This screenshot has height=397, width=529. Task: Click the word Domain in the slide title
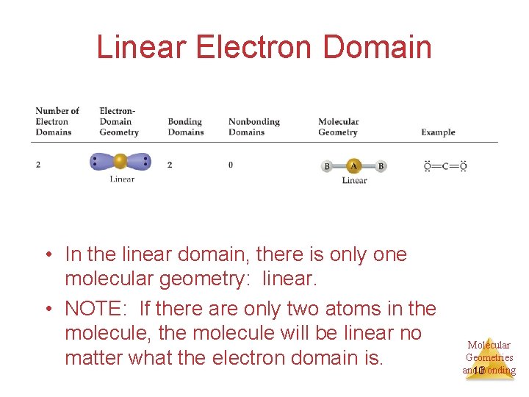click(x=377, y=47)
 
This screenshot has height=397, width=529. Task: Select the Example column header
click(x=438, y=132)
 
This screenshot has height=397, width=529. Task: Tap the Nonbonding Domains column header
click(x=253, y=127)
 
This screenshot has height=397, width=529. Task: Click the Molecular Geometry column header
click(x=338, y=127)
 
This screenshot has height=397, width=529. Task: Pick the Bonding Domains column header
click(x=185, y=127)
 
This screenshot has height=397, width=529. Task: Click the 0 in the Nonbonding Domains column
click(x=231, y=165)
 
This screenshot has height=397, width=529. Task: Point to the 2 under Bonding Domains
click(x=170, y=165)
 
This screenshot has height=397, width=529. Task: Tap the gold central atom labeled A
click(x=353, y=166)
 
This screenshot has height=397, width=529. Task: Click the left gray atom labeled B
click(x=327, y=166)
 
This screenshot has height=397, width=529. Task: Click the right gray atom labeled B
click(x=381, y=166)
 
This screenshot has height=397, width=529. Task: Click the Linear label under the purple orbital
click(x=122, y=179)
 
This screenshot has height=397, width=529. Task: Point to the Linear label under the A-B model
click(x=354, y=180)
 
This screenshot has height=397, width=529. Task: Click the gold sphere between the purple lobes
click(x=120, y=161)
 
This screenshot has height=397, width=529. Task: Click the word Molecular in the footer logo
click(x=489, y=345)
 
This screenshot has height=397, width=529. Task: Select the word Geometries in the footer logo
click(x=489, y=357)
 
